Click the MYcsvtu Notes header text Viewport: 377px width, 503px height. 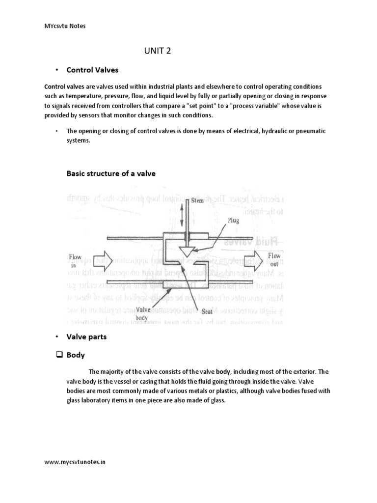65,26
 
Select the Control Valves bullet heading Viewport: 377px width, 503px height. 92,70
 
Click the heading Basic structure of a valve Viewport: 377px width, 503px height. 110,173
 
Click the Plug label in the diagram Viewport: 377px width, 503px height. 233,221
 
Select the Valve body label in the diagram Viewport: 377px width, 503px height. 142,313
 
